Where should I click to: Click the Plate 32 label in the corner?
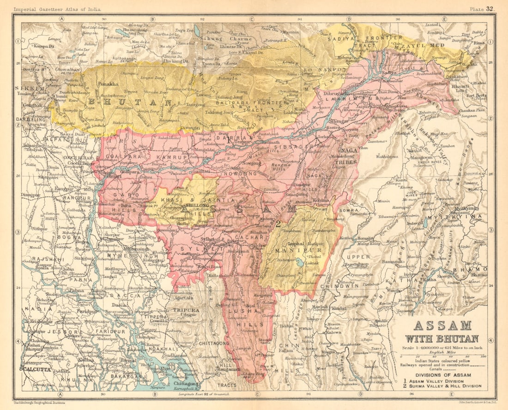(482, 8)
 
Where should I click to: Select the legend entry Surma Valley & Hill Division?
(445, 386)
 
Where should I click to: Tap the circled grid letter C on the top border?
(252, 19)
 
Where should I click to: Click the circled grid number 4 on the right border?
(491, 341)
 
